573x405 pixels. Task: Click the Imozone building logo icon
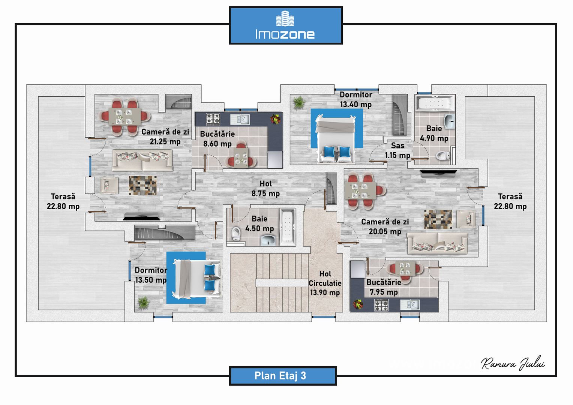point(285,18)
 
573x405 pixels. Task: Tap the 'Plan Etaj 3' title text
point(280,376)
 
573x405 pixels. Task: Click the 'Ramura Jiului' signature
point(513,363)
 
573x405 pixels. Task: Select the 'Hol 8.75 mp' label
point(265,189)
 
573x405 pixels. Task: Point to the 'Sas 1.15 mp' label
point(397,150)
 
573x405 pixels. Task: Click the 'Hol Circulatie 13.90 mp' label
point(325,283)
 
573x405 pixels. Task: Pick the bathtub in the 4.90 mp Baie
point(435,103)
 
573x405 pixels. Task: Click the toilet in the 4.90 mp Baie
point(443,155)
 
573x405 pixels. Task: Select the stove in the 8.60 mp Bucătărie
point(213,119)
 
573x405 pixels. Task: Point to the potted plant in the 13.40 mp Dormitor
point(299,103)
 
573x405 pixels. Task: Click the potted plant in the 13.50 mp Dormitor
point(144,303)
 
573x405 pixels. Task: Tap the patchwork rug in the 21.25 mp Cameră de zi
point(142,185)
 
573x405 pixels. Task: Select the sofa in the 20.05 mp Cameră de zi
point(437,243)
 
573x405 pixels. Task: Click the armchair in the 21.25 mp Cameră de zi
point(109,185)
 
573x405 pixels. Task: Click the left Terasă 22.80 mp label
point(63,201)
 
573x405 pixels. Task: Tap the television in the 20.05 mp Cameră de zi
point(438,173)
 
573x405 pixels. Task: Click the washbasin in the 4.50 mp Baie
point(268,240)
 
